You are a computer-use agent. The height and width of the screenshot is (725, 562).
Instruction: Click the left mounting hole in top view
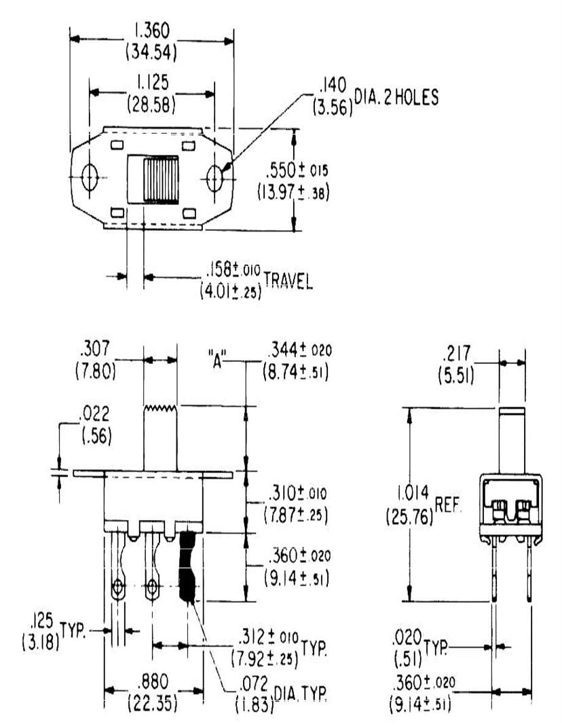click(88, 178)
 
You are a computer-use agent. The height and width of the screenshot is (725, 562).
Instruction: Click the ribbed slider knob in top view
click(161, 179)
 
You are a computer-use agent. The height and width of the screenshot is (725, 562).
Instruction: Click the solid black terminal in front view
click(187, 568)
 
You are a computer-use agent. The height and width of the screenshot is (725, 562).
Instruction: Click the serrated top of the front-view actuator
click(160, 408)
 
